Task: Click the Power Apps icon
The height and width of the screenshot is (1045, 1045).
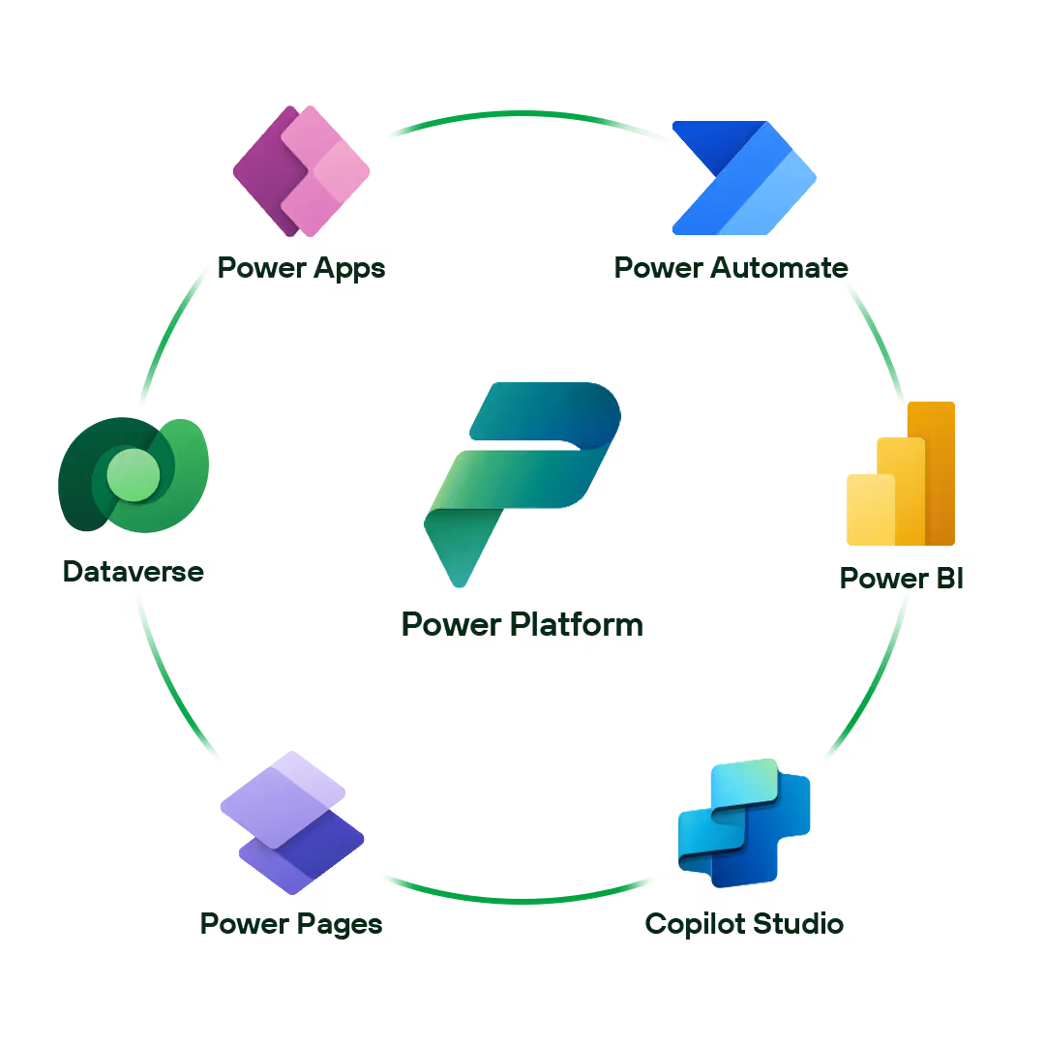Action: click(302, 171)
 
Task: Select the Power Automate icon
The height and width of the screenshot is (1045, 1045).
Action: click(743, 177)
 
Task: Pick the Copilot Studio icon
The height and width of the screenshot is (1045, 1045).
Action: click(743, 823)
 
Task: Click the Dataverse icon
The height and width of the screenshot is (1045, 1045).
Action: click(134, 474)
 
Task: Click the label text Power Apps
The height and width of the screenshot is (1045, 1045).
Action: click(301, 267)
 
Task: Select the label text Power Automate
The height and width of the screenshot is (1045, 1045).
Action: click(731, 267)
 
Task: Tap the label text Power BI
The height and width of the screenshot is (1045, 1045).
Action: click(902, 578)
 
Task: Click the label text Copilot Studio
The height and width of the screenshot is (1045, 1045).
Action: click(744, 923)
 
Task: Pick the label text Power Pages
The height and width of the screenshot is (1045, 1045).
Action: click(291, 923)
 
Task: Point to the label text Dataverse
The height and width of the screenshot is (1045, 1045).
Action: click(134, 571)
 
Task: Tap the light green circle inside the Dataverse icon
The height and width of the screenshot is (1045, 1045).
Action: click(133, 474)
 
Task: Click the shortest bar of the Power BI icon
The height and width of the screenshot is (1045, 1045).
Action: click(869, 510)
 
